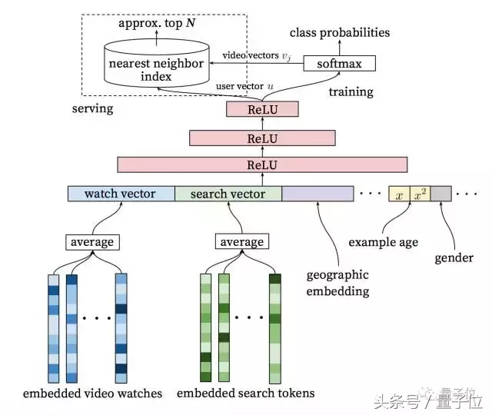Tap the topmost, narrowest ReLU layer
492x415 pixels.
point(262,111)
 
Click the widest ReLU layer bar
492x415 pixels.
point(262,164)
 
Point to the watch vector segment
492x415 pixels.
point(121,194)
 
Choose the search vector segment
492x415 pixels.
point(228,194)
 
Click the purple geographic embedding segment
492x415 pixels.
point(317,194)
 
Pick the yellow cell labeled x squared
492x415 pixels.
point(420,194)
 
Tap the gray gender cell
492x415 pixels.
point(440,194)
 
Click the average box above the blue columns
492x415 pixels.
point(91,242)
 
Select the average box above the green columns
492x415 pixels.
point(242,242)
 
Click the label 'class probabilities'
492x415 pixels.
point(339,32)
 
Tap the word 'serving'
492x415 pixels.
point(92,108)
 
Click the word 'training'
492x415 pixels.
point(351,92)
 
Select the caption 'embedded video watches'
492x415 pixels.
point(92,393)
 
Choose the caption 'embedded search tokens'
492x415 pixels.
point(245,393)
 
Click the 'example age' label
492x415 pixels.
point(383,242)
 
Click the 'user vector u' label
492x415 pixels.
point(248,87)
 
